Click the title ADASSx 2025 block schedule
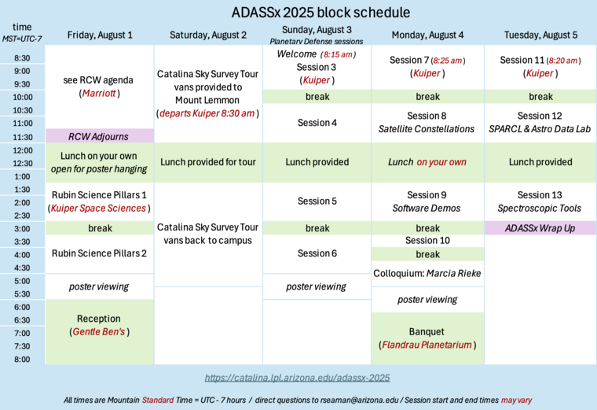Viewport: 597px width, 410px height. coord(320,13)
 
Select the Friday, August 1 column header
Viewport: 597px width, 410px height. coord(100,35)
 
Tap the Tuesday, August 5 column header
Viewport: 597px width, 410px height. coord(541,35)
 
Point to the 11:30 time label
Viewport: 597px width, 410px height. coord(22,137)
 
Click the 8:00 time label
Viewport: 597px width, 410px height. coord(22,360)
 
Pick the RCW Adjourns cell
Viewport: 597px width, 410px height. coord(100,136)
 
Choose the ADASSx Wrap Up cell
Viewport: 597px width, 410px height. coord(541,228)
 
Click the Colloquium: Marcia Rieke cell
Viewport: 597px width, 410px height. coord(427,273)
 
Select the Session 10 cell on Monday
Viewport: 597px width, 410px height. coord(427,241)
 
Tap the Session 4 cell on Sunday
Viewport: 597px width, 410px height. coord(317,123)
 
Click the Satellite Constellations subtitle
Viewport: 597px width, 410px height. coord(427,129)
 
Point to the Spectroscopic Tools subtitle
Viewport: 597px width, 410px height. coord(541,209)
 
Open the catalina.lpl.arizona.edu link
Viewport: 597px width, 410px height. coord(297,378)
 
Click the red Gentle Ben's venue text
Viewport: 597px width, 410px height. coord(99,332)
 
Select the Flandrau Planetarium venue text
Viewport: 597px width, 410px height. coord(427,345)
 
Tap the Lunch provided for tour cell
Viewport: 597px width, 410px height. coord(208,162)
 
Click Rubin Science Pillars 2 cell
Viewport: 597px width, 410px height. coord(100,253)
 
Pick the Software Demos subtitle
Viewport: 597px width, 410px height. coord(427,209)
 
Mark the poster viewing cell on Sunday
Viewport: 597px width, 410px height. coord(317,286)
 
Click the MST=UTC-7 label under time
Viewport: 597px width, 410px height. coord(22,39)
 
